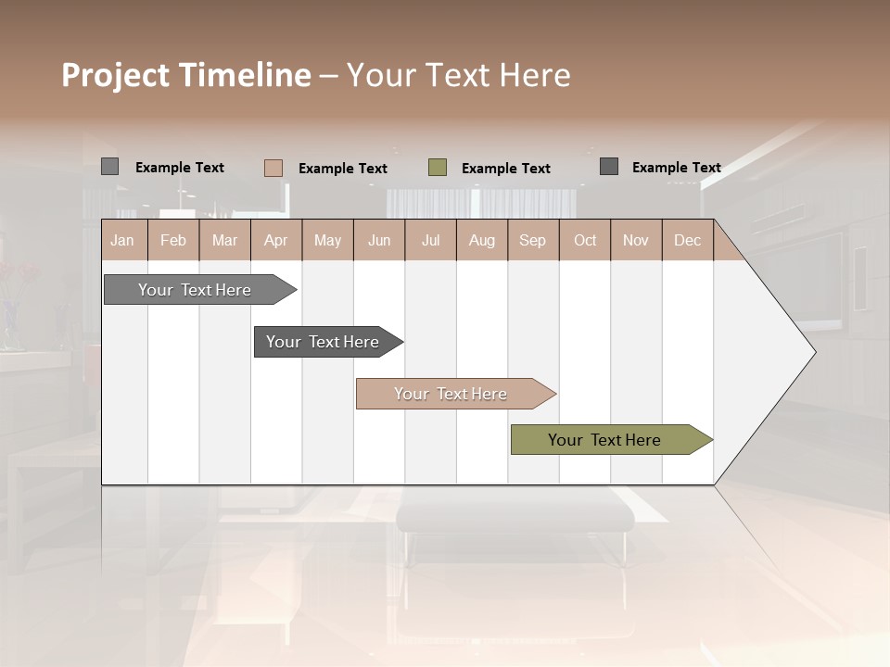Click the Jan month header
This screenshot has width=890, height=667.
(123, 240)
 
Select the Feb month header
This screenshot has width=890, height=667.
(173, 240)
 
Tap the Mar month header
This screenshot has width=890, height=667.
(224, 240)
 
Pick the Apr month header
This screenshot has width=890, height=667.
(276, 240)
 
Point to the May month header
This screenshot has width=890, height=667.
(327, 240)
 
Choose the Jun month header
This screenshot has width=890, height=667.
(379, 240)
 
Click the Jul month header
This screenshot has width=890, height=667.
(430, 240)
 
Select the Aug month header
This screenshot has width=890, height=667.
(482, 240)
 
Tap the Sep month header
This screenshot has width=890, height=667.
(533, 240)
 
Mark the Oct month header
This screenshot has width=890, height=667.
(585, 240)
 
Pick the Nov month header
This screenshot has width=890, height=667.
(636, 240)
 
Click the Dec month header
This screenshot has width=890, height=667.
(688, 240)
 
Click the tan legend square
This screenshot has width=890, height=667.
(273, 168)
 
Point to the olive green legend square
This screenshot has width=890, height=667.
(438, 168)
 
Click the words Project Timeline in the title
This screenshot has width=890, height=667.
(186, 75)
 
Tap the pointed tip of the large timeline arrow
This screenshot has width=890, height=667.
(813, 352)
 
